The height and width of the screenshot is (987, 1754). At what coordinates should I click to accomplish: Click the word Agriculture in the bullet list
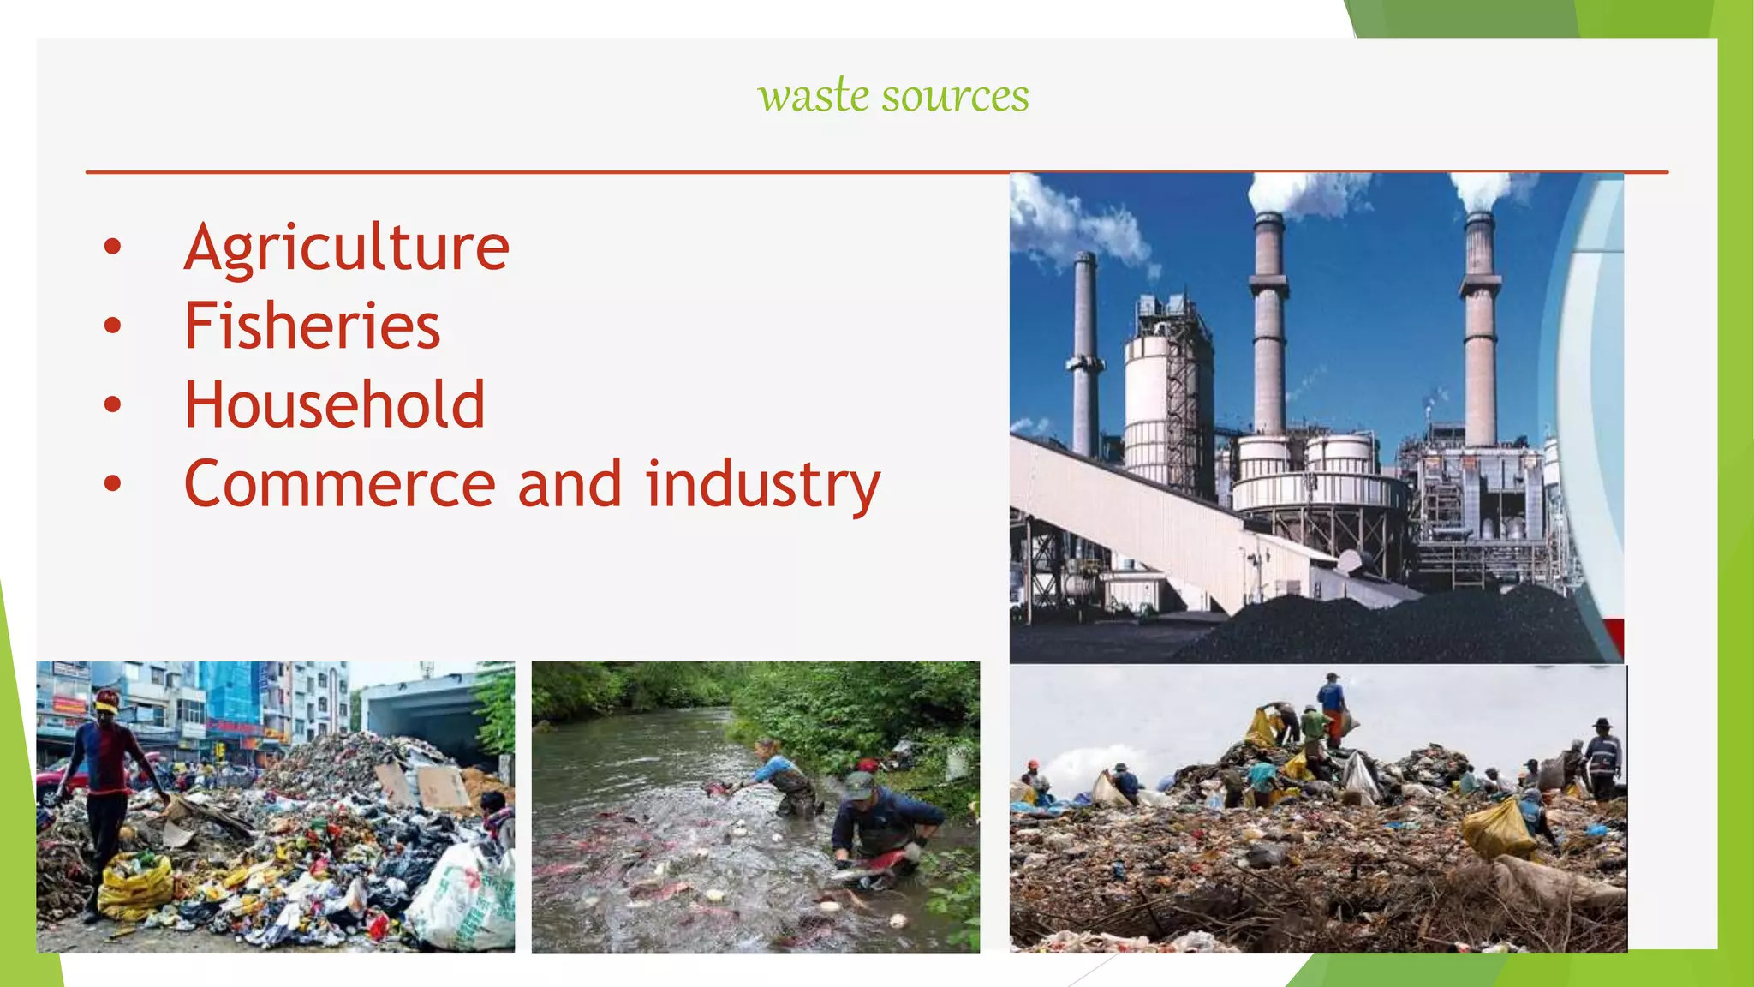pos(347,248)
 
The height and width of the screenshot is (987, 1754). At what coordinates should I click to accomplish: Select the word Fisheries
pos(312,326)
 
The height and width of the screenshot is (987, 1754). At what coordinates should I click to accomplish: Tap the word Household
pos(334,404)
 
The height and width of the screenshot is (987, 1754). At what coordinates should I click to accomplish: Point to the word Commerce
pos(340,484)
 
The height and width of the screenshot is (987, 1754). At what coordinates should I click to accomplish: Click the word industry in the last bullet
pos(762,484)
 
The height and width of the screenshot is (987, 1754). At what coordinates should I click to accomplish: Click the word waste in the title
pos(814,95)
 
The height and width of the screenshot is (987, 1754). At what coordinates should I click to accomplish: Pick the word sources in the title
pos(955,95)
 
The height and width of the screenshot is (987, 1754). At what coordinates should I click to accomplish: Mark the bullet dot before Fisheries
pos(112,326)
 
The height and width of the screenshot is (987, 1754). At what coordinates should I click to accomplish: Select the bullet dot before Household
pos(112,404)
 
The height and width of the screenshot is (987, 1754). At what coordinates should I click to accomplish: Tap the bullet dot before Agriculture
pos(112,247)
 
